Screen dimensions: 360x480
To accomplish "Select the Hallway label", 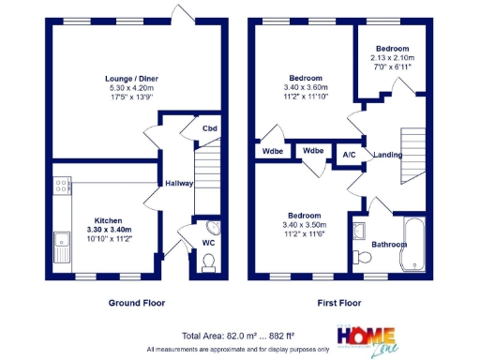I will [178, 184].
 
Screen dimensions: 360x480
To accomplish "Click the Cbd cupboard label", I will [211, 128].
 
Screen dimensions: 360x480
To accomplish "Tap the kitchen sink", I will [61, 247].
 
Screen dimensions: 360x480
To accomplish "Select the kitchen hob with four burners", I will [61, 187].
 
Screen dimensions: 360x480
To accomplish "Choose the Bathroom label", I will [388, 245].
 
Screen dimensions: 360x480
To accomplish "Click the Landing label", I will [387, 155].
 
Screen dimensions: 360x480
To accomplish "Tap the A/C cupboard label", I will [348, 155].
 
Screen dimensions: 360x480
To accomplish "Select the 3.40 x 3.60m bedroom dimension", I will [306, 87].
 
